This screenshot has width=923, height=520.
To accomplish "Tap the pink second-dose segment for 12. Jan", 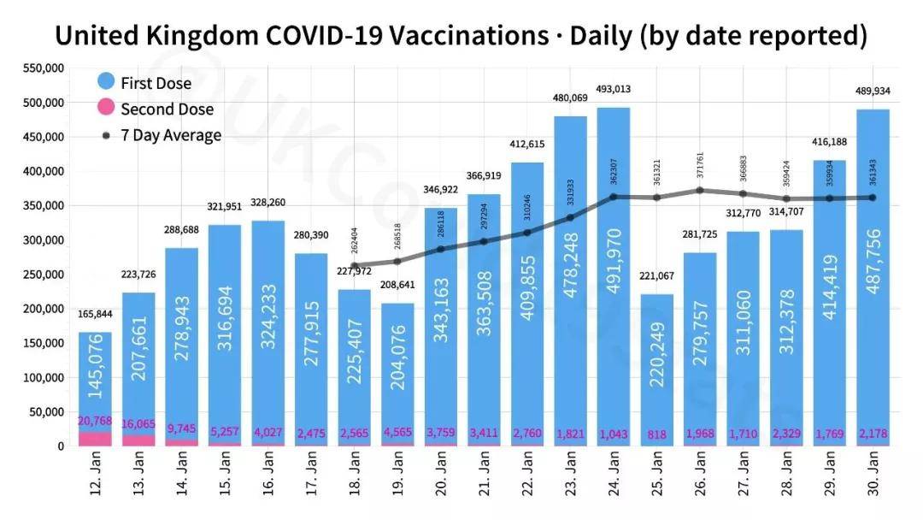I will [x=95, y=439].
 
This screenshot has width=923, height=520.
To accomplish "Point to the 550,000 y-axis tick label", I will [x=41, y=68].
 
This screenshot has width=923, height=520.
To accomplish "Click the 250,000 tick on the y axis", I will [x=41, y=275].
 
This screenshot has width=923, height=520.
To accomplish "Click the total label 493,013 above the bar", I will [x=614, y=89].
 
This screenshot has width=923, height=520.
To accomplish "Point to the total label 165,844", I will [x=95, y=316].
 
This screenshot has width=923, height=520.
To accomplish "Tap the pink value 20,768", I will [x=95, y=421].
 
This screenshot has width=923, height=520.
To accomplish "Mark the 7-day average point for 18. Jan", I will [x=355, y=265].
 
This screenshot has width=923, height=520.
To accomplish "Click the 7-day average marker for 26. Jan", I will [x=700, y=190].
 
